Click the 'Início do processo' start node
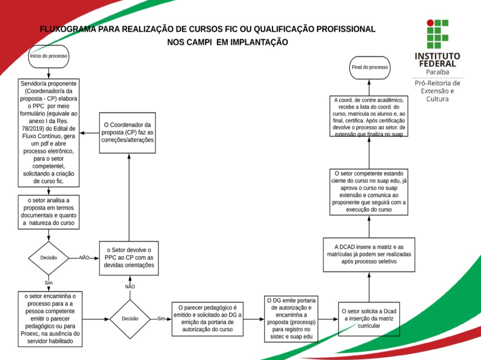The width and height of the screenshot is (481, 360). (49, 56)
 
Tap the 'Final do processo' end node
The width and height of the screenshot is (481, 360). (370, 68)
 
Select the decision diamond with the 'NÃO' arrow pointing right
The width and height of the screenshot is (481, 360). (49, 257)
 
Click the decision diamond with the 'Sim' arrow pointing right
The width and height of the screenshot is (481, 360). (130, 319)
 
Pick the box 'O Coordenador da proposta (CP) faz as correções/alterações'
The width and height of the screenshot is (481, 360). (128, 132)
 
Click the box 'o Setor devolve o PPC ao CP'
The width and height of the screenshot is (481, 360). (128, 257)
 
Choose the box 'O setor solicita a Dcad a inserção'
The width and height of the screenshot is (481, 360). (369, 318)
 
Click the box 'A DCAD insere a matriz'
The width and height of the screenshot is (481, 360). (369, 254)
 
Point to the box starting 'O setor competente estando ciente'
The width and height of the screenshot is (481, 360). (369, 192)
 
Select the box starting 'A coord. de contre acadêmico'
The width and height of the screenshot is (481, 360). (369, 117)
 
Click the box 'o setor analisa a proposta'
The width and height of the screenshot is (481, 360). (49, 213)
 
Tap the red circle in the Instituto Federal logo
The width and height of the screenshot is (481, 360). (431, 22)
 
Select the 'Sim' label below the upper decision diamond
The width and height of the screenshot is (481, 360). (49, 283)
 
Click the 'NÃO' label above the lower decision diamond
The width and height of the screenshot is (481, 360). (129, 287)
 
